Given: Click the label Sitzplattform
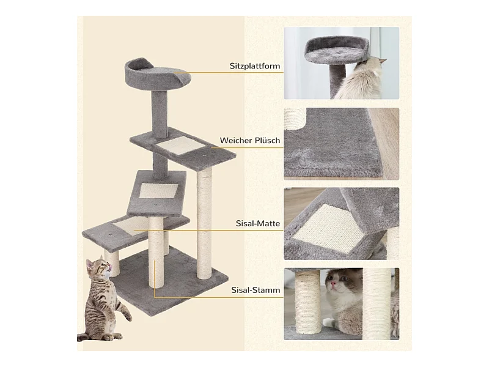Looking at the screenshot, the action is [255, 66].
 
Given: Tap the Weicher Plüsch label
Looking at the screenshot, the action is [250, 141].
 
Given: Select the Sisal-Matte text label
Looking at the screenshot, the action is [257, 223].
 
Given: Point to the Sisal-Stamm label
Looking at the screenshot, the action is [256, 290].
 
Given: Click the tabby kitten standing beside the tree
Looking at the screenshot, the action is [103, 300].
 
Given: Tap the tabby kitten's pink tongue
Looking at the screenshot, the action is [109, 266].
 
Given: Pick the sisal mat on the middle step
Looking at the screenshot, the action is [158, 191].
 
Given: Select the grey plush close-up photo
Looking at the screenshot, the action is [341, 144].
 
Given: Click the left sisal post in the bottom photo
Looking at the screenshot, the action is [307, 303].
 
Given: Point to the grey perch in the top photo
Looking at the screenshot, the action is [337, 50].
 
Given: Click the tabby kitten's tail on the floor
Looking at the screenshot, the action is [84, 337].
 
